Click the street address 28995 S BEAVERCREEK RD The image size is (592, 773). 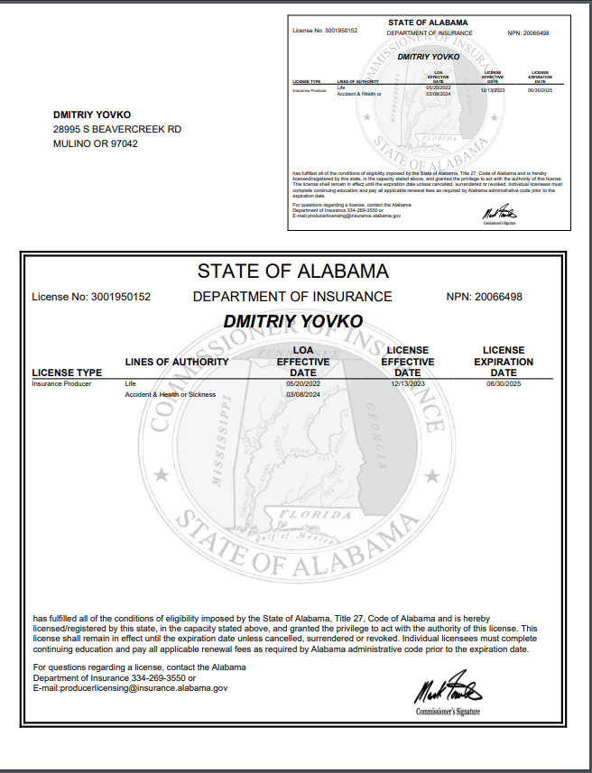[116, 129]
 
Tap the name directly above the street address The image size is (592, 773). [92, 115]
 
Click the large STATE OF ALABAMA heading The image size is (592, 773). [293, 271]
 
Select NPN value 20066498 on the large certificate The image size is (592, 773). [499, 297]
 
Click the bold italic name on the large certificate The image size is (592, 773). [293, 321]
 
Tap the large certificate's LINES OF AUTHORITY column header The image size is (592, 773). [177, 362]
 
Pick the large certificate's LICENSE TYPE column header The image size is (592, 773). [67, 372]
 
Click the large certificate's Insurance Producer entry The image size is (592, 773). [61, 383]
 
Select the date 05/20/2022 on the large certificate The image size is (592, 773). [303, 383]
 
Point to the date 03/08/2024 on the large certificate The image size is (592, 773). [303, 395]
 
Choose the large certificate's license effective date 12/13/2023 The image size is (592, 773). [408, 383]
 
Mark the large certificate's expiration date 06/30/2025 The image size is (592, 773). [504, 383]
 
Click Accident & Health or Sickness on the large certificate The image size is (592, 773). [171, 395]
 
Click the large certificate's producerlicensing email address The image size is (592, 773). [130, 687]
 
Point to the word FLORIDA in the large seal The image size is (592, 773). [303, 515]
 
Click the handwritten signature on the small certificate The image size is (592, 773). [498, 214]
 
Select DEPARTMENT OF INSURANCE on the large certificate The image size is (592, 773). [292, 297]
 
